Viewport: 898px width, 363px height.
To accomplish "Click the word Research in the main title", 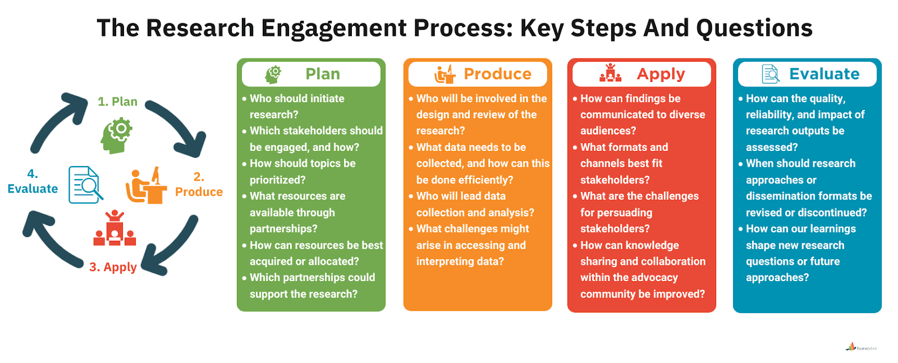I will (200, 28).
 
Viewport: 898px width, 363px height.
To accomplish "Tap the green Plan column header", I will (311, 74).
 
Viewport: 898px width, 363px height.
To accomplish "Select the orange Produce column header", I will (478, 74).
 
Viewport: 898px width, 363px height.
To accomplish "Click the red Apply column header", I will (642, 74).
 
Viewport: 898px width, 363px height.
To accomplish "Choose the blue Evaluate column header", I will (807, 74).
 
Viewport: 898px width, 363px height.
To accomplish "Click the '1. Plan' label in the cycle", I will (117, 102).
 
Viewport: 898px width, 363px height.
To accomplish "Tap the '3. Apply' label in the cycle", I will (113, 267).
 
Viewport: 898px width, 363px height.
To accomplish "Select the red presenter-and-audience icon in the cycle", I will (115, 228).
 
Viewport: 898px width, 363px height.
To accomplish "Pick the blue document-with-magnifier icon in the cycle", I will (85, 185).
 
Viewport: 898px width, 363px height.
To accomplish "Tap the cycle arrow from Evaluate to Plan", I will (57, 121).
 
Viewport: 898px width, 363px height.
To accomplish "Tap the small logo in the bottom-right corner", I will (861, 347).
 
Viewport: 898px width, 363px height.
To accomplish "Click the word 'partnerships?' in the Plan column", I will (283, 229).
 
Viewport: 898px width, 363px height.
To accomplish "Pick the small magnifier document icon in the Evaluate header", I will (771, 74).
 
